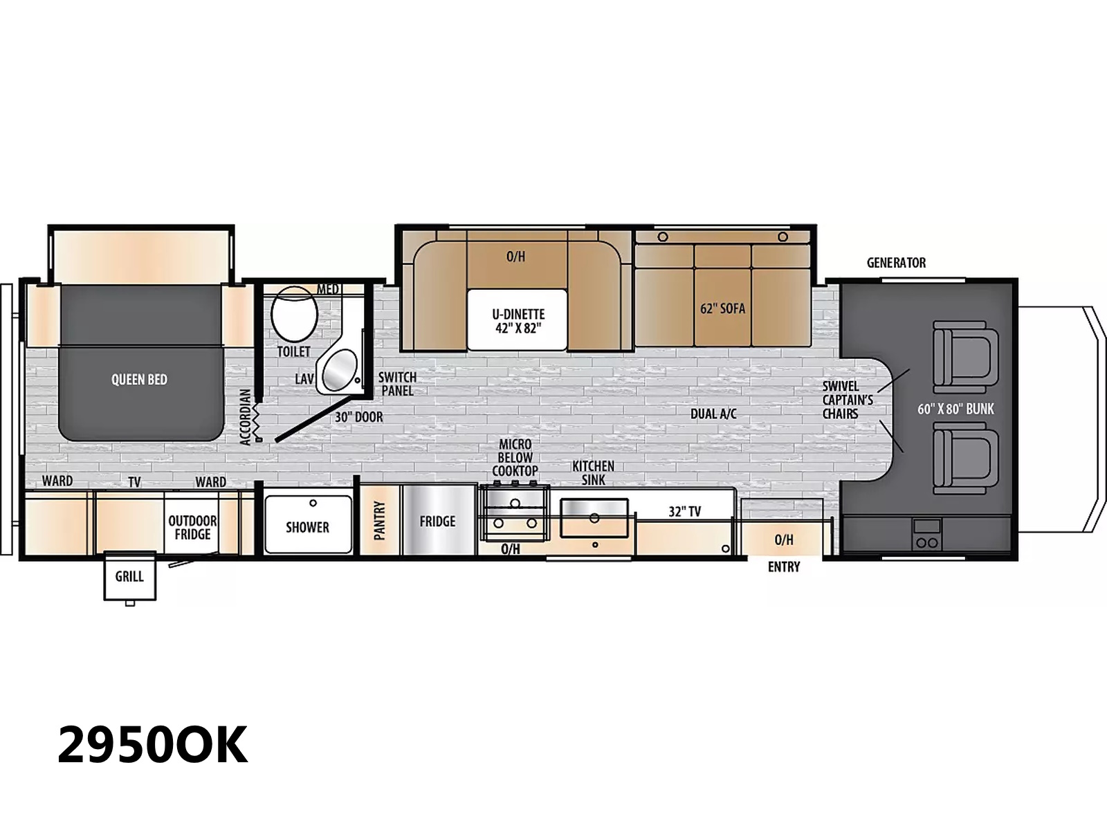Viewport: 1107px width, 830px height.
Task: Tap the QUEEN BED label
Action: [x=139, y=380]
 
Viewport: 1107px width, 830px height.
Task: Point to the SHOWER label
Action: [x=308, y=527]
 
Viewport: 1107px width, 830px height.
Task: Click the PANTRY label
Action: [x=379, y=520]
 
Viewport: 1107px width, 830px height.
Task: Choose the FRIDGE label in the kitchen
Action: [x=437, y=521]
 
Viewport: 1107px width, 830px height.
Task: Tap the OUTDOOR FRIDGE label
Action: [x=192, y=527]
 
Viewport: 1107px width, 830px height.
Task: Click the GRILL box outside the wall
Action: [x=129, y=577]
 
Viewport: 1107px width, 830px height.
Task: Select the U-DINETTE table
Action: [x=518, y=320]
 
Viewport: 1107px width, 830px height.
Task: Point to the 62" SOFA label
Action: [x=723, y=308]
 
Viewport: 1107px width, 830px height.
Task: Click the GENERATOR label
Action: [x=896, y=263]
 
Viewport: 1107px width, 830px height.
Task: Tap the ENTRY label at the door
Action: [x=784, y=567]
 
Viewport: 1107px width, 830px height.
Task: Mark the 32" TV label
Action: [x=685, y=512]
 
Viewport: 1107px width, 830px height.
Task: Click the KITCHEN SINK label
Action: [x=593, y=472]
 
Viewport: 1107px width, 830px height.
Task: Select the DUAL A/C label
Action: [x=713, y=414]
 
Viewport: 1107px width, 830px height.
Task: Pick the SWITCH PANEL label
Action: [x=397, y=383]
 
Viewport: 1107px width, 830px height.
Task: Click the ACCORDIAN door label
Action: [x=245, y=417]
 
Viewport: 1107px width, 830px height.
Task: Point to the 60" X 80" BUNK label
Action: [x=955, y=409]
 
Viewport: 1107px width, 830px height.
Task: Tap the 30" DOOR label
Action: [x=359, y=417]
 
